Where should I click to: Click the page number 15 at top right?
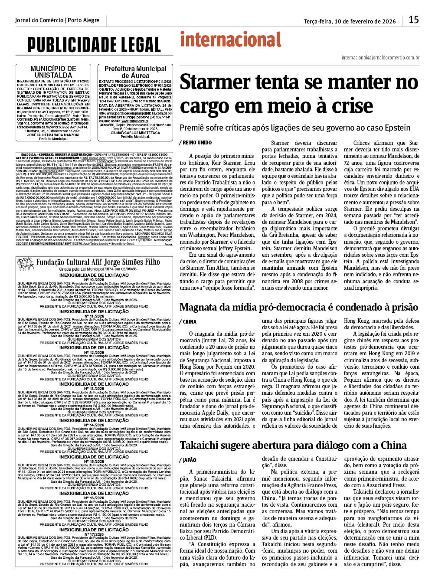click(413, 20)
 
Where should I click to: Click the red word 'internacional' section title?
click(231, 40)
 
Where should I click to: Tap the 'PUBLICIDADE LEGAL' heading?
click(94, 44)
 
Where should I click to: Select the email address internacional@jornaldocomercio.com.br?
click(380, 57)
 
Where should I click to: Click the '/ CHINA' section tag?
click(187, 322)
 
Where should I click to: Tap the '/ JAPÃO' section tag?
click(187, 460)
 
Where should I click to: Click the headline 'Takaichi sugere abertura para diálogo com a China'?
click(293, 445)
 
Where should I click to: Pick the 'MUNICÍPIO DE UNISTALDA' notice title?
click(53, 72)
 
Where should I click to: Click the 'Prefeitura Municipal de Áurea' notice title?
click(135, 72)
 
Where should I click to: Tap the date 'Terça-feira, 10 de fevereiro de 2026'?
click(350, 21)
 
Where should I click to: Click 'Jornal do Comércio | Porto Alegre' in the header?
click(57, 20)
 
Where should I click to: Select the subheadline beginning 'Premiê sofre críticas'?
click(295, 128)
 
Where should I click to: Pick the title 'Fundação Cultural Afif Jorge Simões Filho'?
click(98, 262)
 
